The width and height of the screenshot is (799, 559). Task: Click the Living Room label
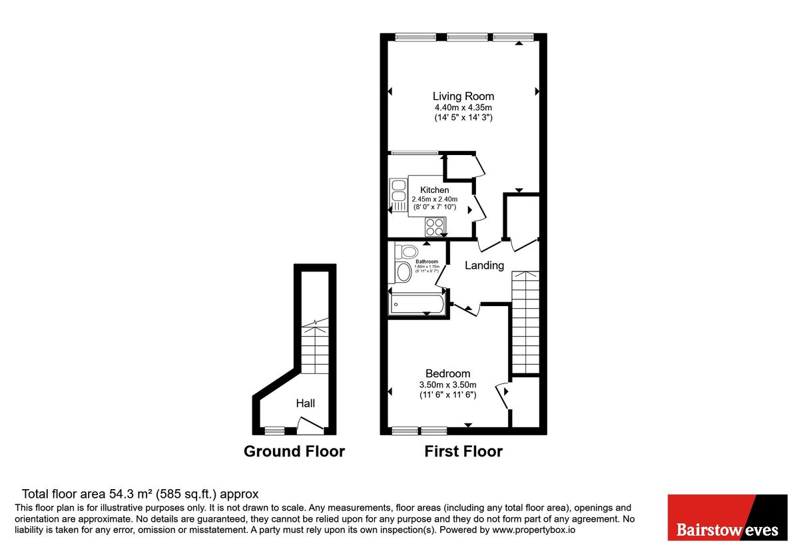[x=463, y=96]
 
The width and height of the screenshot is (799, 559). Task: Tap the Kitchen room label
[x=434, y=190]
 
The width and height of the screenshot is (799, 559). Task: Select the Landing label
[x=484, y=266]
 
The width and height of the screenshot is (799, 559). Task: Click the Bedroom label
[x=447, y=373]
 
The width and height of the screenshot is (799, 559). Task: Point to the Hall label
[x=306, y=403]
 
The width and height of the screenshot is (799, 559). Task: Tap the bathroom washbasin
[x=403, y=272]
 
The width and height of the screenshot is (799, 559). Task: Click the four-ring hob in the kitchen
[x=435, y=227]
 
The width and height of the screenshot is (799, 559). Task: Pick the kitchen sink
[x=399, y=190]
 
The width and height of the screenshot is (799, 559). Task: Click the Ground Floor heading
[x=294, y=451]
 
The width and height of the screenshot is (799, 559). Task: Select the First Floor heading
[x=463, y=451]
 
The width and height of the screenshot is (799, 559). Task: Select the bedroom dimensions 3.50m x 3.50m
[x=447, y=385]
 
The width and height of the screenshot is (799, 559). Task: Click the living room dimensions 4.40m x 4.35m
[x=463, y=107]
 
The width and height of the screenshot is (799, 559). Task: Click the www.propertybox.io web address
[x=533, y=530]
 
